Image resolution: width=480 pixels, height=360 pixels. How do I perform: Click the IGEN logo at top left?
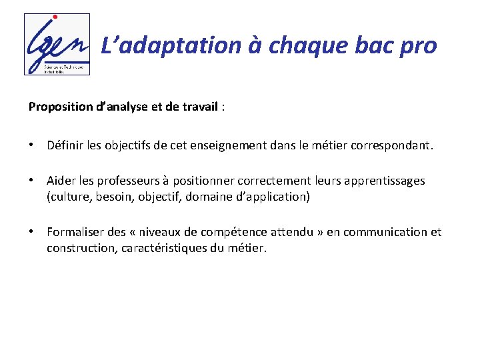coord(57,44)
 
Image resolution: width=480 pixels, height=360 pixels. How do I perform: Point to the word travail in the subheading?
coord(198,106)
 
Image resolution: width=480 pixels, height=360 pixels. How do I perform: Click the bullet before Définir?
coord(32,145)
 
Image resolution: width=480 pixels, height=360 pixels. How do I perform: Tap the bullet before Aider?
coord(32,181)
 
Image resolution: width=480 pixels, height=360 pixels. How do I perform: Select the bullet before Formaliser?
coord(32,232)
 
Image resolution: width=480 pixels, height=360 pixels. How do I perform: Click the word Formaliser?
coord(75,232)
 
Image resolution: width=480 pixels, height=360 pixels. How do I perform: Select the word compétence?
coord(237,232)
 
